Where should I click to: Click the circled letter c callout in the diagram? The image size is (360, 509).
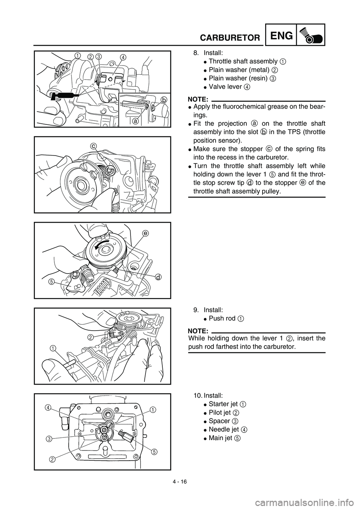point(92,145)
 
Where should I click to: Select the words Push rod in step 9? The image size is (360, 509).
point(222,319)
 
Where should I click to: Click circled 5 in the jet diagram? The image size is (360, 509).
point(153,452)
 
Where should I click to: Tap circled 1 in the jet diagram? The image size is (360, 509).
point(153,410)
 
